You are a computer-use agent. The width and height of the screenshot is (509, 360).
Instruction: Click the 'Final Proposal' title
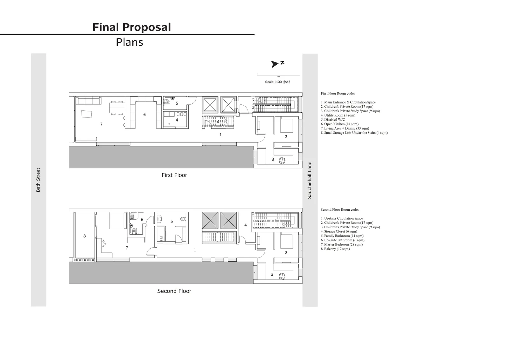click(132, 27)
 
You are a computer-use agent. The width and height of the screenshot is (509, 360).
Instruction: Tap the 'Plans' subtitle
click(129, 42)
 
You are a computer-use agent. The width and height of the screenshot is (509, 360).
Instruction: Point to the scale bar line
click(279, 74)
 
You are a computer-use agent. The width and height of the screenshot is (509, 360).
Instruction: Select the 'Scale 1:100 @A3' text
click(278, 82)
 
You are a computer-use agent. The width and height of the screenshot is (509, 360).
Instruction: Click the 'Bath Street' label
click(38, 180)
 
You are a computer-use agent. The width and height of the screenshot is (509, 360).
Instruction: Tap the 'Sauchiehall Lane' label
click(310, 180)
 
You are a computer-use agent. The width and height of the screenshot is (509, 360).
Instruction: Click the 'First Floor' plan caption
click(174, 175)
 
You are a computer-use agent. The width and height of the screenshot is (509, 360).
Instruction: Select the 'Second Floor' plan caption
click(174, 291)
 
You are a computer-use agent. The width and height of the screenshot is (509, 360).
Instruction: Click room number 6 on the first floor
click(144, 115)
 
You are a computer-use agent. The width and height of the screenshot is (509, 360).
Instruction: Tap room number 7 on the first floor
click(101, 124)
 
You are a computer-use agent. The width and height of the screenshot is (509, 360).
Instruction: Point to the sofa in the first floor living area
click(89, 101)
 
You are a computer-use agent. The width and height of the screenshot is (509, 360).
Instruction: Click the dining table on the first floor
click(117, 108)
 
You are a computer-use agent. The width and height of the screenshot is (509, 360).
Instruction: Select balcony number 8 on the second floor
click(85, 236)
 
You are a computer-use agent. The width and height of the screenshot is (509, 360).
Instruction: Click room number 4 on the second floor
click(245, 225)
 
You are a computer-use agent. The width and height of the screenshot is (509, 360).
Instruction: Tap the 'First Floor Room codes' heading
click(338, 94)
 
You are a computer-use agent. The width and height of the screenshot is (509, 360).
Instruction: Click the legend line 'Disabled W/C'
click(333, 120)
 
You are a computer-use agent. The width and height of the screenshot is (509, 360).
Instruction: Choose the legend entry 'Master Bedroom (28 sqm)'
click(342, 244)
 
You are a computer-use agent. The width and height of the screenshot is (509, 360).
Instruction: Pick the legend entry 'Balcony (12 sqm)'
click(335, 249)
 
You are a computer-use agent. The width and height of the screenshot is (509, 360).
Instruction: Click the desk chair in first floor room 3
click(282, 160)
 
